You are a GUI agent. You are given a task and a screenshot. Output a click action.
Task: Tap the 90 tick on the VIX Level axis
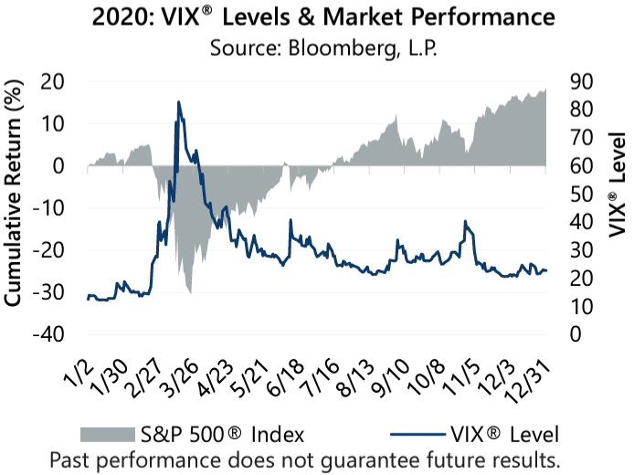[583, 81]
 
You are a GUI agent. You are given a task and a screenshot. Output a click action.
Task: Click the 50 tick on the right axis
[583, 194]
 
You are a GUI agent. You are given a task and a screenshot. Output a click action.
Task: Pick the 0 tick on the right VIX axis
[576, 334]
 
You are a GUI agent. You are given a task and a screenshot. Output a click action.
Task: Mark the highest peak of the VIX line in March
[178, 101]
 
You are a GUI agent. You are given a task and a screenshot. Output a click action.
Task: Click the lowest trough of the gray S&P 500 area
[189, 292]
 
